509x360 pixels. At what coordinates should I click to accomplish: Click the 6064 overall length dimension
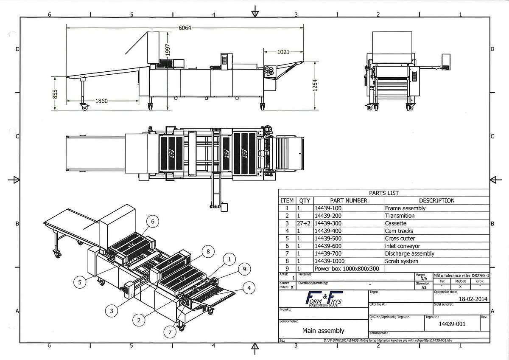185,28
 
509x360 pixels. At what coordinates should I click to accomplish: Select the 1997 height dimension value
168,51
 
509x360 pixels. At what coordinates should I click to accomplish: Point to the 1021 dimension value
283,52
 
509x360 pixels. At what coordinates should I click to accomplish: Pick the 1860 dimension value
101,101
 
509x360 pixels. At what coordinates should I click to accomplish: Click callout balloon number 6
153,221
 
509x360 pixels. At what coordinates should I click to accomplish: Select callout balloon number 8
207,251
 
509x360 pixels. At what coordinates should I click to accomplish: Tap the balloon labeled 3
111,311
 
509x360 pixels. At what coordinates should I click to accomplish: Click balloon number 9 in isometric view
244,268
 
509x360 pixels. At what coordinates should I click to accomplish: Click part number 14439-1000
330,261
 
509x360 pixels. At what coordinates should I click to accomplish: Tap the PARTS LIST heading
383,193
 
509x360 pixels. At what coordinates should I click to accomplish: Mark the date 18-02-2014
473,298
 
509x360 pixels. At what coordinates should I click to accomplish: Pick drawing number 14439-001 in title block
452,324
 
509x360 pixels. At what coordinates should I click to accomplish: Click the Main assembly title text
323,330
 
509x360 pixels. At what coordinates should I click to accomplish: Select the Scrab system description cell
401,261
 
